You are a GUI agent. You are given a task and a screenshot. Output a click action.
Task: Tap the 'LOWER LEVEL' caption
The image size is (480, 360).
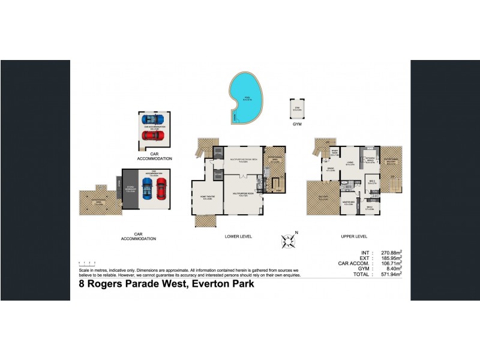[x=238, y=237]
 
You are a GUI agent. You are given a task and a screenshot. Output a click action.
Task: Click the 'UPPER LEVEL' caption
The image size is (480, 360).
[x=355, y=237]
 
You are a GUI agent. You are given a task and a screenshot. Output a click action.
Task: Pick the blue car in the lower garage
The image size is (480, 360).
[x=146, y=189]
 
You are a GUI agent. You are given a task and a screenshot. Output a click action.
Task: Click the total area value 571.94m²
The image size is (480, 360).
[x=390, y=274]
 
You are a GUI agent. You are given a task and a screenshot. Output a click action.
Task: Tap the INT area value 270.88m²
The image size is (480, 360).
[x=390, y=253]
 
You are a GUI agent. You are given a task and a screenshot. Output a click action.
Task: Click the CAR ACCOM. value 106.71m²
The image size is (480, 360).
[x=390, y=263]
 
